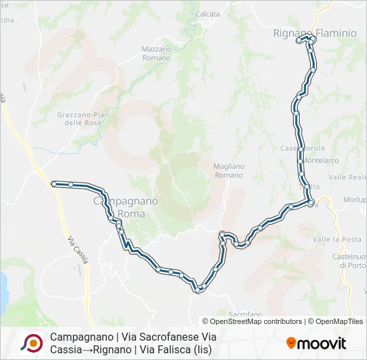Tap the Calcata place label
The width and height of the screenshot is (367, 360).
(208, 13)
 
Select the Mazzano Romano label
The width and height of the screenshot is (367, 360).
(157, 53)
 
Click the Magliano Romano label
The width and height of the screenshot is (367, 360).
(229, 170)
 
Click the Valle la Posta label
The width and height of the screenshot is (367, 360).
(337, 239)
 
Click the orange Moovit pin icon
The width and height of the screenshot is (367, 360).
(292, 343)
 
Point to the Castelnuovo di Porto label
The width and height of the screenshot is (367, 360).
(349, 260)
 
